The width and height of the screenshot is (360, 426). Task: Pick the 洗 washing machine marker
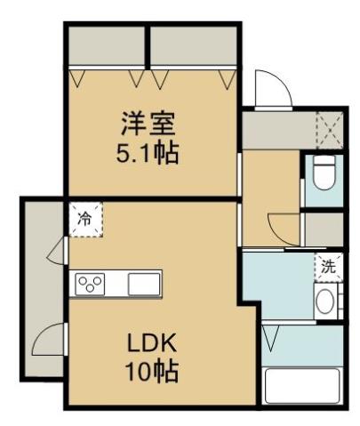click(x=327, y=265)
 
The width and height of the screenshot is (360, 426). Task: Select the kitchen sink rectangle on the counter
click(x=142, y=285)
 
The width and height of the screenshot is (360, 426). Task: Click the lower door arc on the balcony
click(x=52, y=340)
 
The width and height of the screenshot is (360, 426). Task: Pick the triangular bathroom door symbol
click(x=272, y=339)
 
